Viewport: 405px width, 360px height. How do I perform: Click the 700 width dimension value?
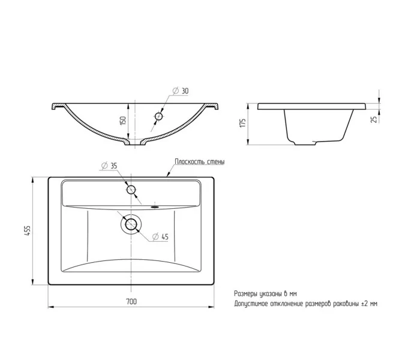pyautogui.click(x=131, y=301)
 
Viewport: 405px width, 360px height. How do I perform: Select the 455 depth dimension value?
pyautogui.click(x=28, y=230)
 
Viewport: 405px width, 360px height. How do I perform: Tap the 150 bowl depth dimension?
pyautogui.click(x=123, y=121)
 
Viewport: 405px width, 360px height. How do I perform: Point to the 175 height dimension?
pyautogui.click(x=242, y=123)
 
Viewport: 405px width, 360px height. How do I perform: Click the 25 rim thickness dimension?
pyautogui.click(x=374, y=119)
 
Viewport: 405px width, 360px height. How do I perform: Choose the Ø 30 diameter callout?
pyautogui.click(x=181, y=91)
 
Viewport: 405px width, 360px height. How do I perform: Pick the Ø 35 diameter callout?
pyautogui.click(x=109, y=166)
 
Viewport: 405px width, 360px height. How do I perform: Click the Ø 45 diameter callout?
pyautogui.click(x=160, y=236)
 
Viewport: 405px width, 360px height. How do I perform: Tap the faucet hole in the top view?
pyautogui.click(x=131, y=190)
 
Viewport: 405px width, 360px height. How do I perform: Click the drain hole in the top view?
pyautogui.click(x=131, y=224)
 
